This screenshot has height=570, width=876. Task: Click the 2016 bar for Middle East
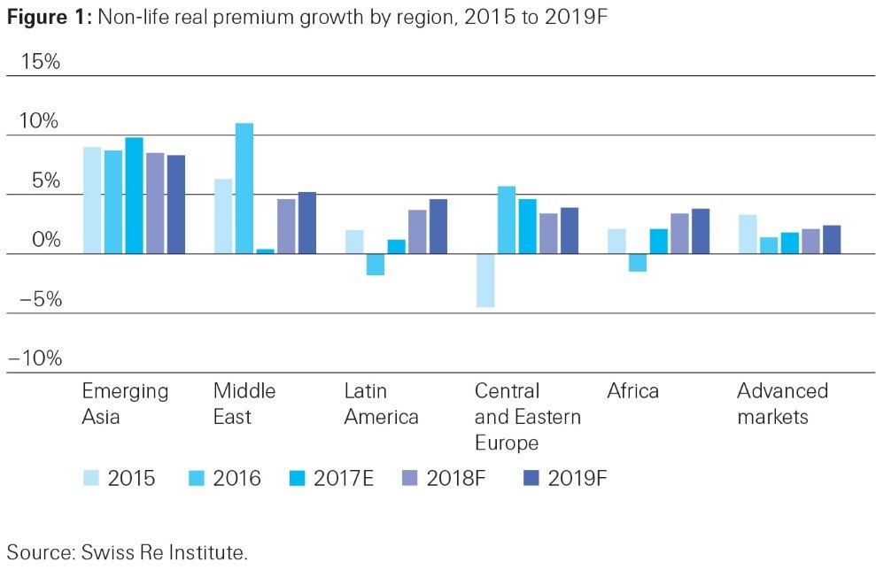244,189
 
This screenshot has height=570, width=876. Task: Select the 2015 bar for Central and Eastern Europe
485,281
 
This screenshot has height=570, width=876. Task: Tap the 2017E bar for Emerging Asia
134,196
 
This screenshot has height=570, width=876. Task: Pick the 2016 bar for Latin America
375,265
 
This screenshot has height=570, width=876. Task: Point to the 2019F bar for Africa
701,231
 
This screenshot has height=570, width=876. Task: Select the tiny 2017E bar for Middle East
265,251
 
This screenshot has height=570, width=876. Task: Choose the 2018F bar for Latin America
417,232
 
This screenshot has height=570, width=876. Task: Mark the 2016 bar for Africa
637,263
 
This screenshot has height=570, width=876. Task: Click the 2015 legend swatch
90,479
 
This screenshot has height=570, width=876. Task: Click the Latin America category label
381,404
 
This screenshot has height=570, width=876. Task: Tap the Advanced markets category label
782,404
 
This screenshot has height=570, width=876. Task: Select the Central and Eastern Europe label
527,416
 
